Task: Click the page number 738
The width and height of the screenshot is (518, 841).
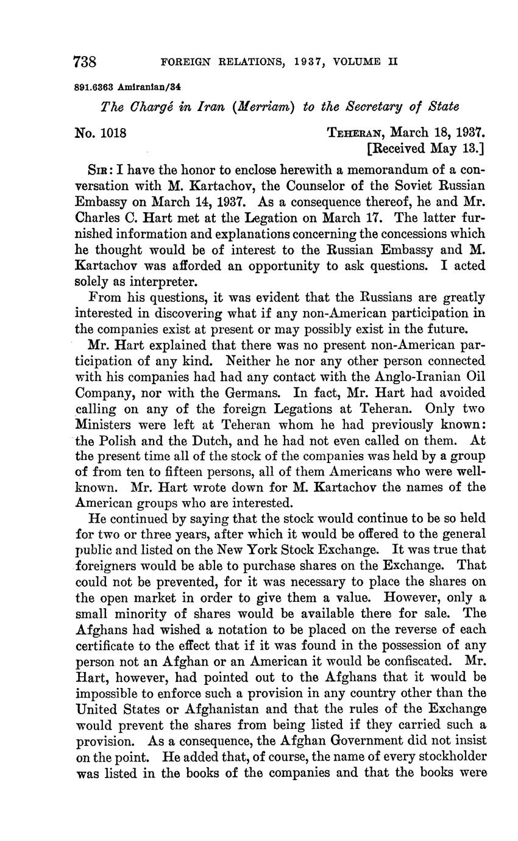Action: [85, 62]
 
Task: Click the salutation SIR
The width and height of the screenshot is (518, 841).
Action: [98, 169]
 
